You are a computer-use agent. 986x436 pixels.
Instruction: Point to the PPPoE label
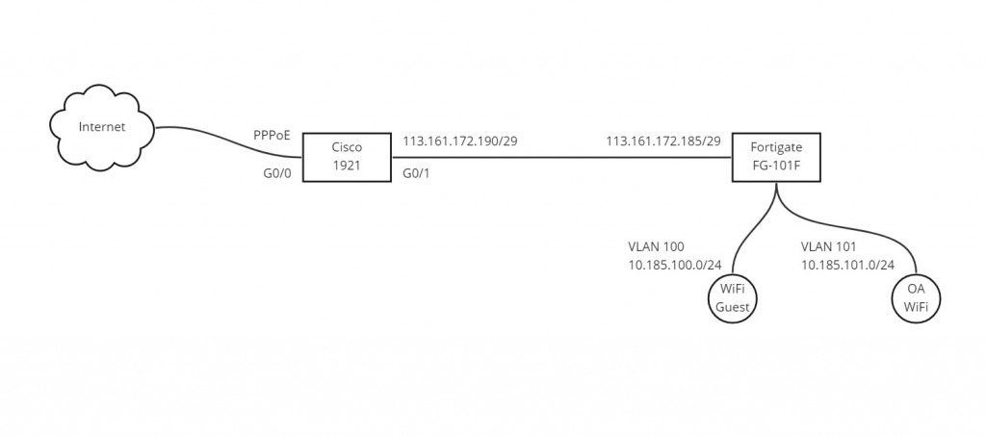point(272,137)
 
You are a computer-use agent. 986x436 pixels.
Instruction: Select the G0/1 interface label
point(417,175)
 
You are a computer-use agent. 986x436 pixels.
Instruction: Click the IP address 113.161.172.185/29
point(663,141)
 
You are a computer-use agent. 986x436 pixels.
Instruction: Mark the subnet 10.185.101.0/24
point(848,265)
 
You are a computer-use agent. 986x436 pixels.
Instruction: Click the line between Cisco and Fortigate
point(558,159)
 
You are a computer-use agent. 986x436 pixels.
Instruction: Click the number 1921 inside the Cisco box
point(346,167)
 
